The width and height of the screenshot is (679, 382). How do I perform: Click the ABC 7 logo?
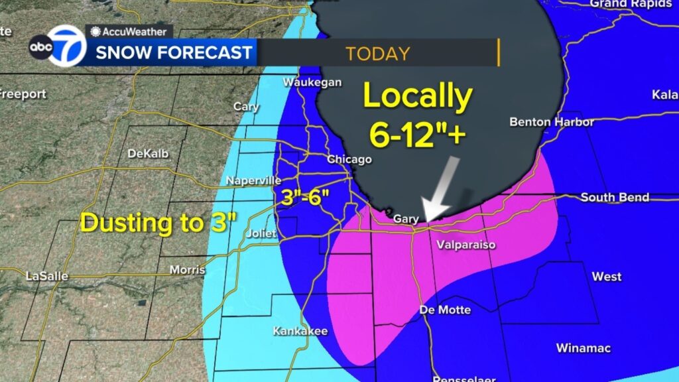pyautogui.click(x=57, y=46)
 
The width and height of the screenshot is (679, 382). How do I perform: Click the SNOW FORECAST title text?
pyautogui.click(x=174, y=52)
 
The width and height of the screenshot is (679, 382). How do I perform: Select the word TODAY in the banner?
pyautogui.click(x=377, y=53)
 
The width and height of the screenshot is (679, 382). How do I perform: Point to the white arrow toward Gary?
pyautogui.click(x=443, y=189)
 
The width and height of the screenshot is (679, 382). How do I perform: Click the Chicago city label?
pyautogui.click(x=349, y=159)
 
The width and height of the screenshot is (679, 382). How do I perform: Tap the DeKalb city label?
pyautogui.click(x=148, y=153)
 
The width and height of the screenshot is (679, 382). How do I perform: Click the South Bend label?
pyautogui.click(x=615, y=198)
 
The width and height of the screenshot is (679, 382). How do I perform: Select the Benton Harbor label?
pyautogui.click(x=551, y=122)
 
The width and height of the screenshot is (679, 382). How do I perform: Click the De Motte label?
pyautogui.click(x=446, y=310)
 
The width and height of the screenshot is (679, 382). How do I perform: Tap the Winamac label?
pyautogui.click(x=584, y=348)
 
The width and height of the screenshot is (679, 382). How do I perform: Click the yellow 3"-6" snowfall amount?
pyautogui.click(x=303, y=196)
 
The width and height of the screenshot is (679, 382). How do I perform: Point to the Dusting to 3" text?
pyautogui.click(x=158, y=223)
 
